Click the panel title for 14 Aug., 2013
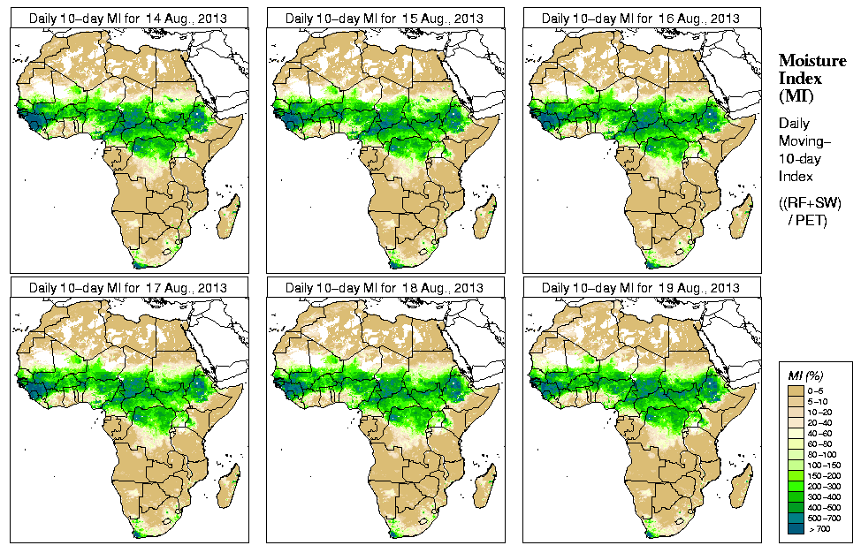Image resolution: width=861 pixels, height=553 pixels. point(127,18)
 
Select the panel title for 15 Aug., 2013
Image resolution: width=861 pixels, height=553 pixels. point(385,18)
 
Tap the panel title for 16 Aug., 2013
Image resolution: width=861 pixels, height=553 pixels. point(641,18)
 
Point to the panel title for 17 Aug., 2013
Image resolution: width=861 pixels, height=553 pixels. point(127,288)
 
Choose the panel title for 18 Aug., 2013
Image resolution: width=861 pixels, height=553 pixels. point(385,288)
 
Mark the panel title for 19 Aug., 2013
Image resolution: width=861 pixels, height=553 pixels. point(641,288)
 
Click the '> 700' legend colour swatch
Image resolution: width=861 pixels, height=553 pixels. point(796,527)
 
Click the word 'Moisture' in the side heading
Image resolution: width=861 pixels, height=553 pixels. point(811,60)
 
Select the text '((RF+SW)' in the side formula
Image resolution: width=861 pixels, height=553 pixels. point(810,203)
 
